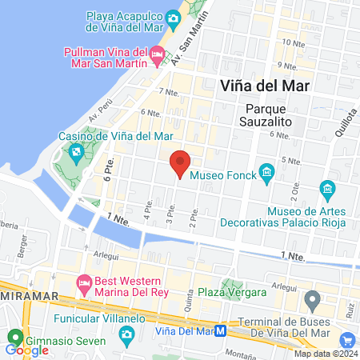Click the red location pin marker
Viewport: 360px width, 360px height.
[x=181, y=163]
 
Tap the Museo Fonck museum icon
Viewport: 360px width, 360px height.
[x=267, y=173]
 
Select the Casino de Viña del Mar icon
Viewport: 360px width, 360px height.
[x=77, y=150]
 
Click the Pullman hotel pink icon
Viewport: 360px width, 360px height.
[x=157, y=54]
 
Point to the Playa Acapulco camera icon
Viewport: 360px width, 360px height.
[x=173, y=18]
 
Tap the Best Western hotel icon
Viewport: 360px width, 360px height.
[x=84, y=282]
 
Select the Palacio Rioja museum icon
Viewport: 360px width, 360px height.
[x=326, y=189]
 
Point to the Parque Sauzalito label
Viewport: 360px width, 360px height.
[x=266, y=115]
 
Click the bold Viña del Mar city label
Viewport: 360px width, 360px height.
[x=265, y=85]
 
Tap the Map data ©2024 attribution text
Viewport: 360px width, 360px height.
[x=325, y=354]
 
